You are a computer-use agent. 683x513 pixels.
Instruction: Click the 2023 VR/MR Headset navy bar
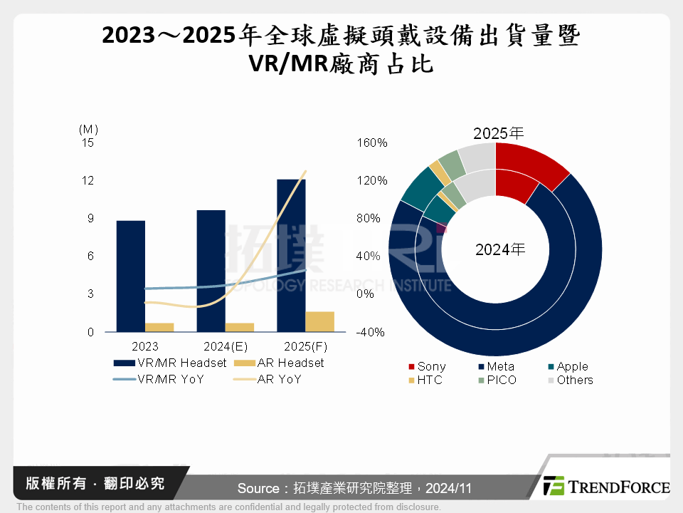[x=130, y=276]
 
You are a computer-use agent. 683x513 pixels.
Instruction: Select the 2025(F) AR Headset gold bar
[x=319, y=321]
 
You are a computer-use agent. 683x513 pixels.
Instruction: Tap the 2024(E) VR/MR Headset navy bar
[x=211, y=271]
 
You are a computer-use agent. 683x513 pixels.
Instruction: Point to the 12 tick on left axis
[x=88, y=180]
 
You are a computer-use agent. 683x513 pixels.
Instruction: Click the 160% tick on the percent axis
[x=371, y=142]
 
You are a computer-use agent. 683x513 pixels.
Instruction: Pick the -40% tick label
[x=371, y=332]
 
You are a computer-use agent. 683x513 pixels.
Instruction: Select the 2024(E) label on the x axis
[x=224, y=346]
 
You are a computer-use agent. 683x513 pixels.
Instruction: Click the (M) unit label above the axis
[x=88, y=129]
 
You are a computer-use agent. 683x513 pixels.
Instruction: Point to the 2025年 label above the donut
[x=499, y=133]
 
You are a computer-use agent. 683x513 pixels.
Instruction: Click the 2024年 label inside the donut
[x=499, y=250]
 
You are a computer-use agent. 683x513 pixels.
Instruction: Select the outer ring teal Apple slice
[x=415, y=185]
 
